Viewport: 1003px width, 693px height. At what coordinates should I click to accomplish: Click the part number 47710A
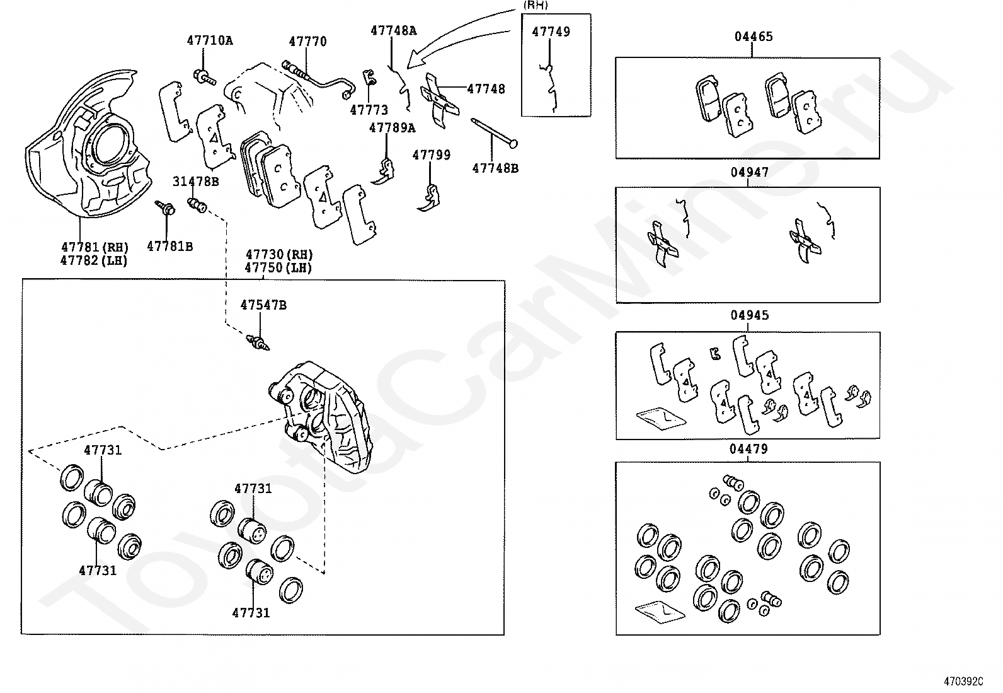pyautogui.click(x=209, y=41)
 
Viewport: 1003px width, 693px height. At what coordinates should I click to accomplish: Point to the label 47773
pyautogui.click(x=369, y=110)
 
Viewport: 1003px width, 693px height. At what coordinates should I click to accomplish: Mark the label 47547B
pyautogui.click(x=263, y=305)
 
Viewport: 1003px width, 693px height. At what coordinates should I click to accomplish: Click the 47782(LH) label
pyautogui.click(x=94, y=260)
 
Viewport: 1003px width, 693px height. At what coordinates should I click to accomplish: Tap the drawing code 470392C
pyautogui.click(x=963, y=682)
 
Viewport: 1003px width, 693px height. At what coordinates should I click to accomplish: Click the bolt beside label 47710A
pyautogui.click(x=205, y=78)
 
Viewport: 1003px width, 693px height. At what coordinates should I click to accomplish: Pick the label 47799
pyautogui.click(x=432, y=154)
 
